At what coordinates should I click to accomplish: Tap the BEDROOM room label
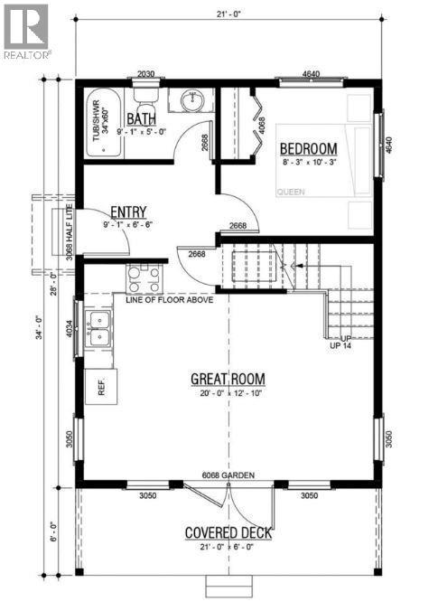[x=308, y=148]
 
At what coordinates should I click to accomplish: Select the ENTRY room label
[x=128, y=211]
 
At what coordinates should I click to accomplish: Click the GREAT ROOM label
[x=227, y=378]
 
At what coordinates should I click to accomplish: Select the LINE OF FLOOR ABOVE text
[x=170, y=299]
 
